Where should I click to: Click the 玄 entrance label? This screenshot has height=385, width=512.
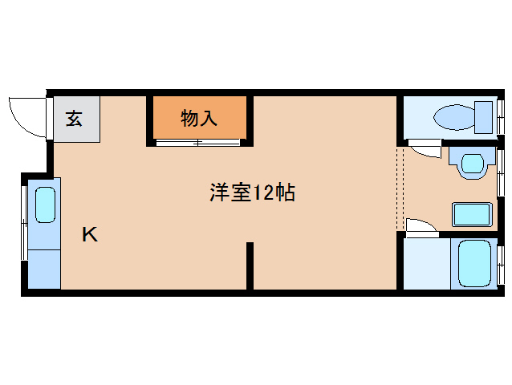[74, 119]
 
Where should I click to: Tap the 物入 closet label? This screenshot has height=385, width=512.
[199, 118]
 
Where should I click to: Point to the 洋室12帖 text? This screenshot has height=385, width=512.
[253, 192]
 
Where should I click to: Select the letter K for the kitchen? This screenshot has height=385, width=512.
[90, 234]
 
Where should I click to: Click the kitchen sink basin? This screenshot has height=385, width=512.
[45, 205]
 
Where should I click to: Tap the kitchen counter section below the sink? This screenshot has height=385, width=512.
[44, 269]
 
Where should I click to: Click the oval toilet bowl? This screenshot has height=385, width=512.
[454, 117]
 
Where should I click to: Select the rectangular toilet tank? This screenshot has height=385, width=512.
[483, 117]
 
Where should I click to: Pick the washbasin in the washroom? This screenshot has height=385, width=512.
[472, 163]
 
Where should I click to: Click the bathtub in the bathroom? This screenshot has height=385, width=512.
[474, 264]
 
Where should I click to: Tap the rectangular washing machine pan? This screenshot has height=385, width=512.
[472, 214]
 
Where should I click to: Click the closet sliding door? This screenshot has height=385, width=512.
[198, 143]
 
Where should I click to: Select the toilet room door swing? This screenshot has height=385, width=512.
[425, 148]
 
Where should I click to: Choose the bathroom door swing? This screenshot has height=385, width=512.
[422, 225]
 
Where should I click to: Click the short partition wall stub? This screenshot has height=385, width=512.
[250, 265]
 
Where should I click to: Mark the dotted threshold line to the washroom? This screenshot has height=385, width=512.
[400, 188]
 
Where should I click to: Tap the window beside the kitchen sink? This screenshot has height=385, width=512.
[24, 223]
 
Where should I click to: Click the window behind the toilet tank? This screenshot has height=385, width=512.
[501, 116]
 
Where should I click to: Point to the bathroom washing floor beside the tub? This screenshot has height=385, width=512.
[427, 264]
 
